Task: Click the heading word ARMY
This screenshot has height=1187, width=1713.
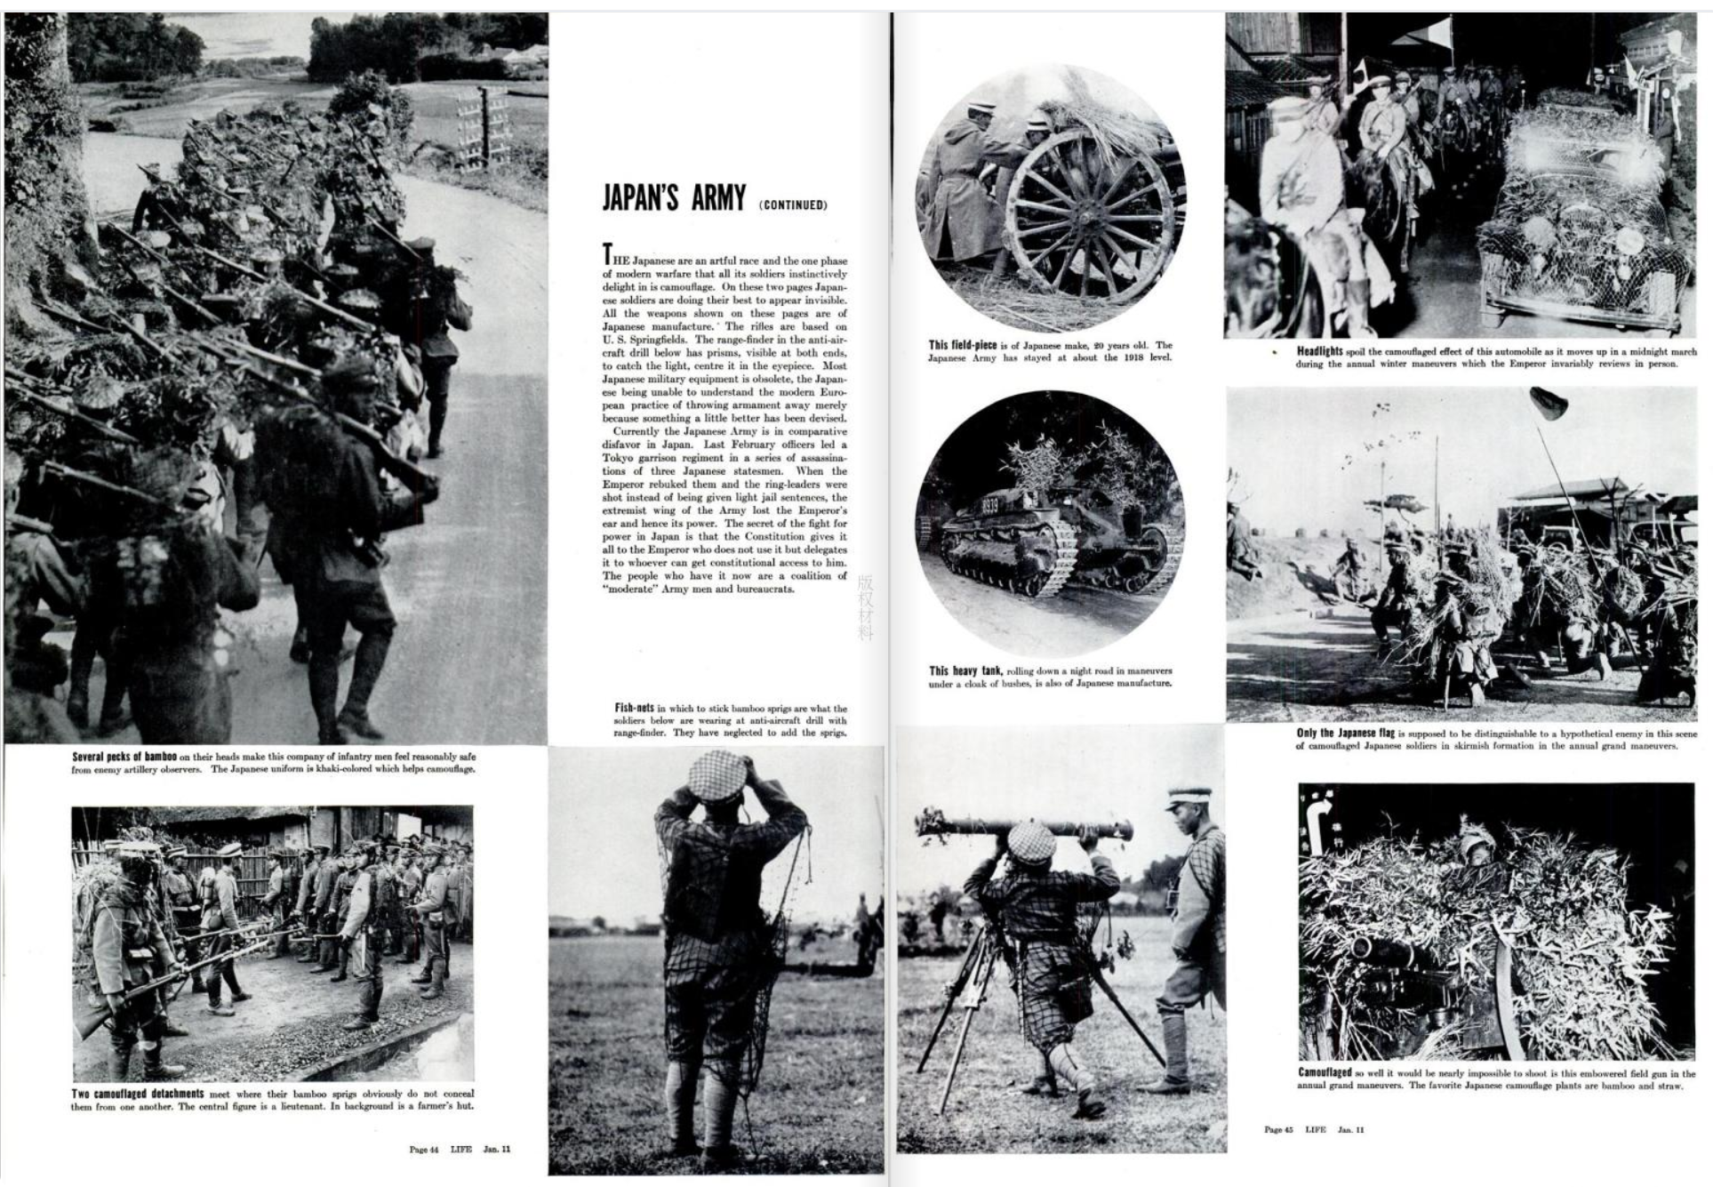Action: (x=718, y=198)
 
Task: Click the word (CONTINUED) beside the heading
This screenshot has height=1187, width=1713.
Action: (x=793, y=205)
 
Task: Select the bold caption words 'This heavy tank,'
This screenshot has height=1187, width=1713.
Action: (x=965, y=670)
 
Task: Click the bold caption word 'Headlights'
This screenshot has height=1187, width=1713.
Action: (x=1319, y=351)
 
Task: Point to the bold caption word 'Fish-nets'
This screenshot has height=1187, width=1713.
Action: (x=634, y=708)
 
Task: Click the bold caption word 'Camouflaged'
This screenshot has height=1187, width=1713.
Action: (x=1325, y=1073)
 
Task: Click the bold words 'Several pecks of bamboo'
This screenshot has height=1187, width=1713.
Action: (x=124, y=757)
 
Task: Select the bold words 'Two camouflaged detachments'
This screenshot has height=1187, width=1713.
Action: (x=138, y=1093)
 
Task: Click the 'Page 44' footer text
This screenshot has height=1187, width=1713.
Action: (x=424, y=1149)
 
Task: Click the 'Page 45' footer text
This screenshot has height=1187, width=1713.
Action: (x=1278, y=1129)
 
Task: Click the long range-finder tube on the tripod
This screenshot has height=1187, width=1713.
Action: (x=1022, y=828)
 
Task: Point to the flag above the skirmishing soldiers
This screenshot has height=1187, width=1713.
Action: (x=1548, y=404)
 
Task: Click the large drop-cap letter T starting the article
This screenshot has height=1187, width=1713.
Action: (x=608, y=253)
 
